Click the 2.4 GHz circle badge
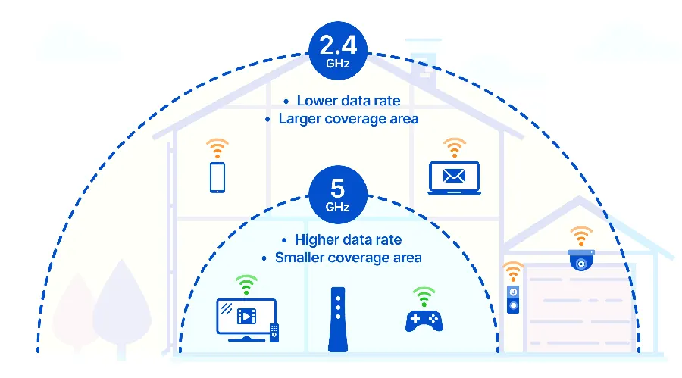pyautogui.click(x=338, y=51)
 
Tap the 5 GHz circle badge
pyautogui.click(x=338, y=195)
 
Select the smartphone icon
pyautogui.click(x=217, y=177)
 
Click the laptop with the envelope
pyautogui.click(x=454, y=178)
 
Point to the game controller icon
pyautogui.click(x=424, y=321)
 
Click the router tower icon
pyautogui.click(x=338, y=319)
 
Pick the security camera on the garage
pyautogui.click(x=581, y=260)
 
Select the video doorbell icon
pyautogui.click(x=513, y=299)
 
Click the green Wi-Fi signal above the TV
pyautogui.click(x=246, y=285)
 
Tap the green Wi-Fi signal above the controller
pyautogui.click(x=424, y=297)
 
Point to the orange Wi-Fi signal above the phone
pyautogui.click(x=217, y=148)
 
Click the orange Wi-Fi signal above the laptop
pyautogui.click(x=455, y=148)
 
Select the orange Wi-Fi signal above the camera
pyautogui.click(x=581, y=236)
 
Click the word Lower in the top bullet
pyautogui.click(x=316, y=101)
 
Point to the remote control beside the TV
pyautogui.click(x=274, y=333)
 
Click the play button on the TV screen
pyautogui.click(x=246, y=316)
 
